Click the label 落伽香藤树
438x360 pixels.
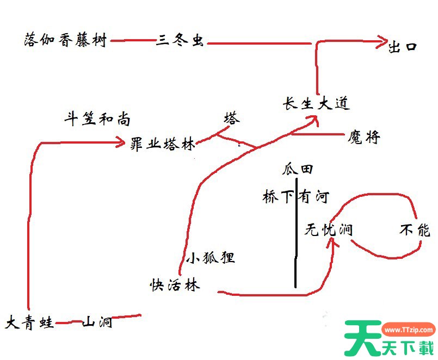(x=65, y=40)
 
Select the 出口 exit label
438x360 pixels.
(x=403, y=47)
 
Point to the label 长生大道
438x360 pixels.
(x=316, y=104)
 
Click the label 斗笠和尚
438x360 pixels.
(x=97, y=119)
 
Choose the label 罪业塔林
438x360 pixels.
(x=163, y=144)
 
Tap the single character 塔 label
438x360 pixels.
(x=232, y=118)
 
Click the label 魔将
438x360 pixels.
(x=363, y=137)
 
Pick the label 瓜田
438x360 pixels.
(x=297, y=169)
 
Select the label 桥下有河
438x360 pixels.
(x=296, y=197)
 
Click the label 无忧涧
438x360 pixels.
(x=328, y=230)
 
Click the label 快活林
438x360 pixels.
(x=175, y=285)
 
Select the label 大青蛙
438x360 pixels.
(x=29, y=322)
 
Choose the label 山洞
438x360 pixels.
(x=97, y=322)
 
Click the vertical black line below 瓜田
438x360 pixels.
(x=296, y=233)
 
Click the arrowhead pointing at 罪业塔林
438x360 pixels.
(x=121, y=142)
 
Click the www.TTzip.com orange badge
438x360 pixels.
(x=409, y=330)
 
